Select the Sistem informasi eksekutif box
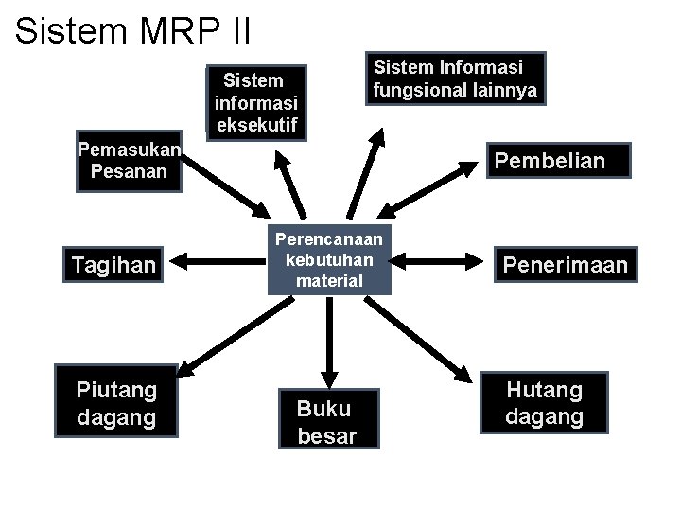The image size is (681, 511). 256,102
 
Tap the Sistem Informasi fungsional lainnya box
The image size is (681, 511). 455,79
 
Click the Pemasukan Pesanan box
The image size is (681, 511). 129,161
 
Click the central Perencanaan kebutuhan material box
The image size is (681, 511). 329,259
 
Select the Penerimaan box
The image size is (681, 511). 565,265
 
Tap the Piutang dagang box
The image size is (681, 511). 116,403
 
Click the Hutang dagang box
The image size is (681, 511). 544,403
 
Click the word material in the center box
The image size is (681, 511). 329,280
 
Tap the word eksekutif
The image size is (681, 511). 256,125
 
